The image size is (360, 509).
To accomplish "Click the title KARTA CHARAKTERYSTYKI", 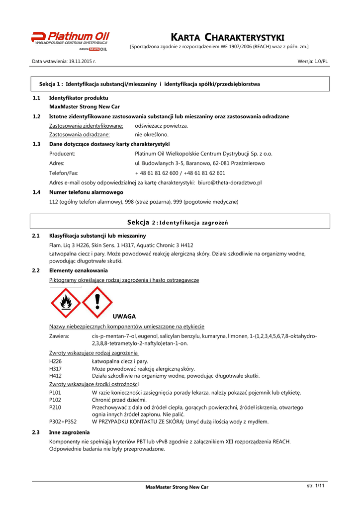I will pos(227,37).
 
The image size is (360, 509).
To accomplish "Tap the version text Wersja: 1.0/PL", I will pos(312,61).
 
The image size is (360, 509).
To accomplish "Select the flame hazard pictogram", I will pos(65,303).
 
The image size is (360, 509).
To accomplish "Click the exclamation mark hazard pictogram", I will pos(97,302).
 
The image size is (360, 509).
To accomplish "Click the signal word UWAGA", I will pos(124,316).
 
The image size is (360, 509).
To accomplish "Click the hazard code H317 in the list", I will pos(56,369).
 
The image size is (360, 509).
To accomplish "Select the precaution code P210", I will pos(56,407).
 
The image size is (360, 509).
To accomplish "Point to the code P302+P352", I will pos(63,422).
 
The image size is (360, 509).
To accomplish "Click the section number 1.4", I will pos(36,192).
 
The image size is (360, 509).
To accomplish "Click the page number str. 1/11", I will pos(315,486).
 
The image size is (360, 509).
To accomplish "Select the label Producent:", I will pos(62,154).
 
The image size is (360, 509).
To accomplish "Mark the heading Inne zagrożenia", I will pos(70,432).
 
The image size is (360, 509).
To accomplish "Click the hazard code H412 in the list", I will pos(56,376).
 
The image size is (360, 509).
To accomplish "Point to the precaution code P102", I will pos(56,400).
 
